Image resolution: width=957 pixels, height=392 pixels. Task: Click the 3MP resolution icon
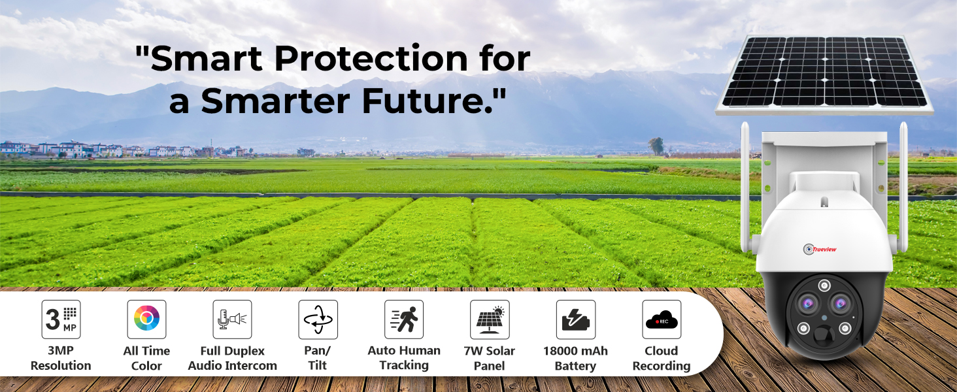point(61,319)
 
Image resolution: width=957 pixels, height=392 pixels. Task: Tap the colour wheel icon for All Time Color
point(146,319)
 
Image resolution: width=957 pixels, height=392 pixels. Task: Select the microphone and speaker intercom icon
point(233,319)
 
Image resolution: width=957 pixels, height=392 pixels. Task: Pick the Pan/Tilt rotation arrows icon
point(318,319)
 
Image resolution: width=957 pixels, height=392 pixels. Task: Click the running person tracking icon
point(404,319)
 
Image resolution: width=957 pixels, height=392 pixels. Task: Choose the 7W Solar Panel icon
point(490,319)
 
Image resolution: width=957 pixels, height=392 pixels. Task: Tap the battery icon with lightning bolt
point(575,319)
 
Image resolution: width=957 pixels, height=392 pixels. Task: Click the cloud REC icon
point(662,319)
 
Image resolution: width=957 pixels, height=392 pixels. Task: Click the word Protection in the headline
point(371,58)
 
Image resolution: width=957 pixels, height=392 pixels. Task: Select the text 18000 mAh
point(575,351)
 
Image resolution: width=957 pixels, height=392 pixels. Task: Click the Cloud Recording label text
point(662,358)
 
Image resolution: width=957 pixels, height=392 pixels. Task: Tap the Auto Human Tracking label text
point(404,358)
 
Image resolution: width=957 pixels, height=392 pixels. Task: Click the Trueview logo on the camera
point(820,249)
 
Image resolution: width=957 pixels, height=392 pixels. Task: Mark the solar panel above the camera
point(824,74)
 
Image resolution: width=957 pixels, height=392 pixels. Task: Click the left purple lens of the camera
point(807,304)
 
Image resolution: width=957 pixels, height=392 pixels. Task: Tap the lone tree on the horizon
point(656,146)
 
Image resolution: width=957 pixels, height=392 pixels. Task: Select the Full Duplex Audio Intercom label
point(233,358)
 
